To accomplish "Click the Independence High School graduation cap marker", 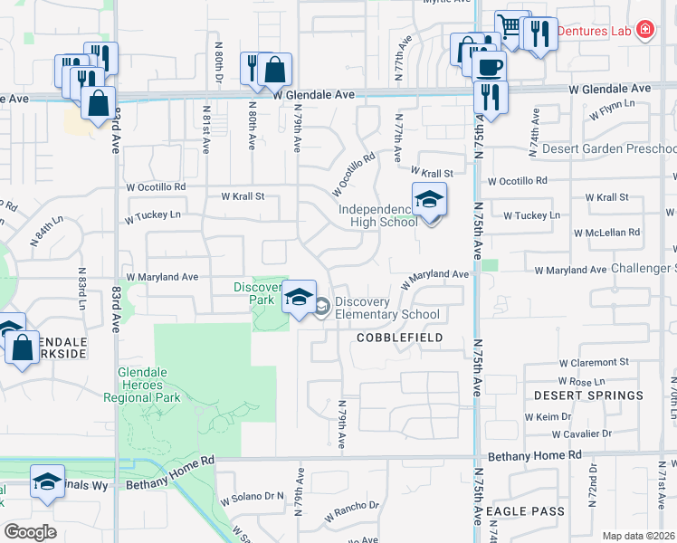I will (x=429, y=199).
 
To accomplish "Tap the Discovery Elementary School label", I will (x=386, y=309).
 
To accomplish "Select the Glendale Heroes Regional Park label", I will (x=149, y=385).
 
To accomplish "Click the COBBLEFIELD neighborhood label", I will (x=399, y=338).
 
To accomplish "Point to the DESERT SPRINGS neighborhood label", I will (x=588, y=395).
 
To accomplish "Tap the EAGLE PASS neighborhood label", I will (x=525, y=511).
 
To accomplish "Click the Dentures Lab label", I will (x=593, y=30).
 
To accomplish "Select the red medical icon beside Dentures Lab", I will (x=644, y=30).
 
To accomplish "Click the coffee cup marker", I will (x=490, y=66).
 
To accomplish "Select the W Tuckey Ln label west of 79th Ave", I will (x=153, y=216).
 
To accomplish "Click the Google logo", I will (x=30, y=531).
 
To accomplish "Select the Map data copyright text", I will (x=638, y=536).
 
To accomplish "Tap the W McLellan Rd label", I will (x=608, y=233).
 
